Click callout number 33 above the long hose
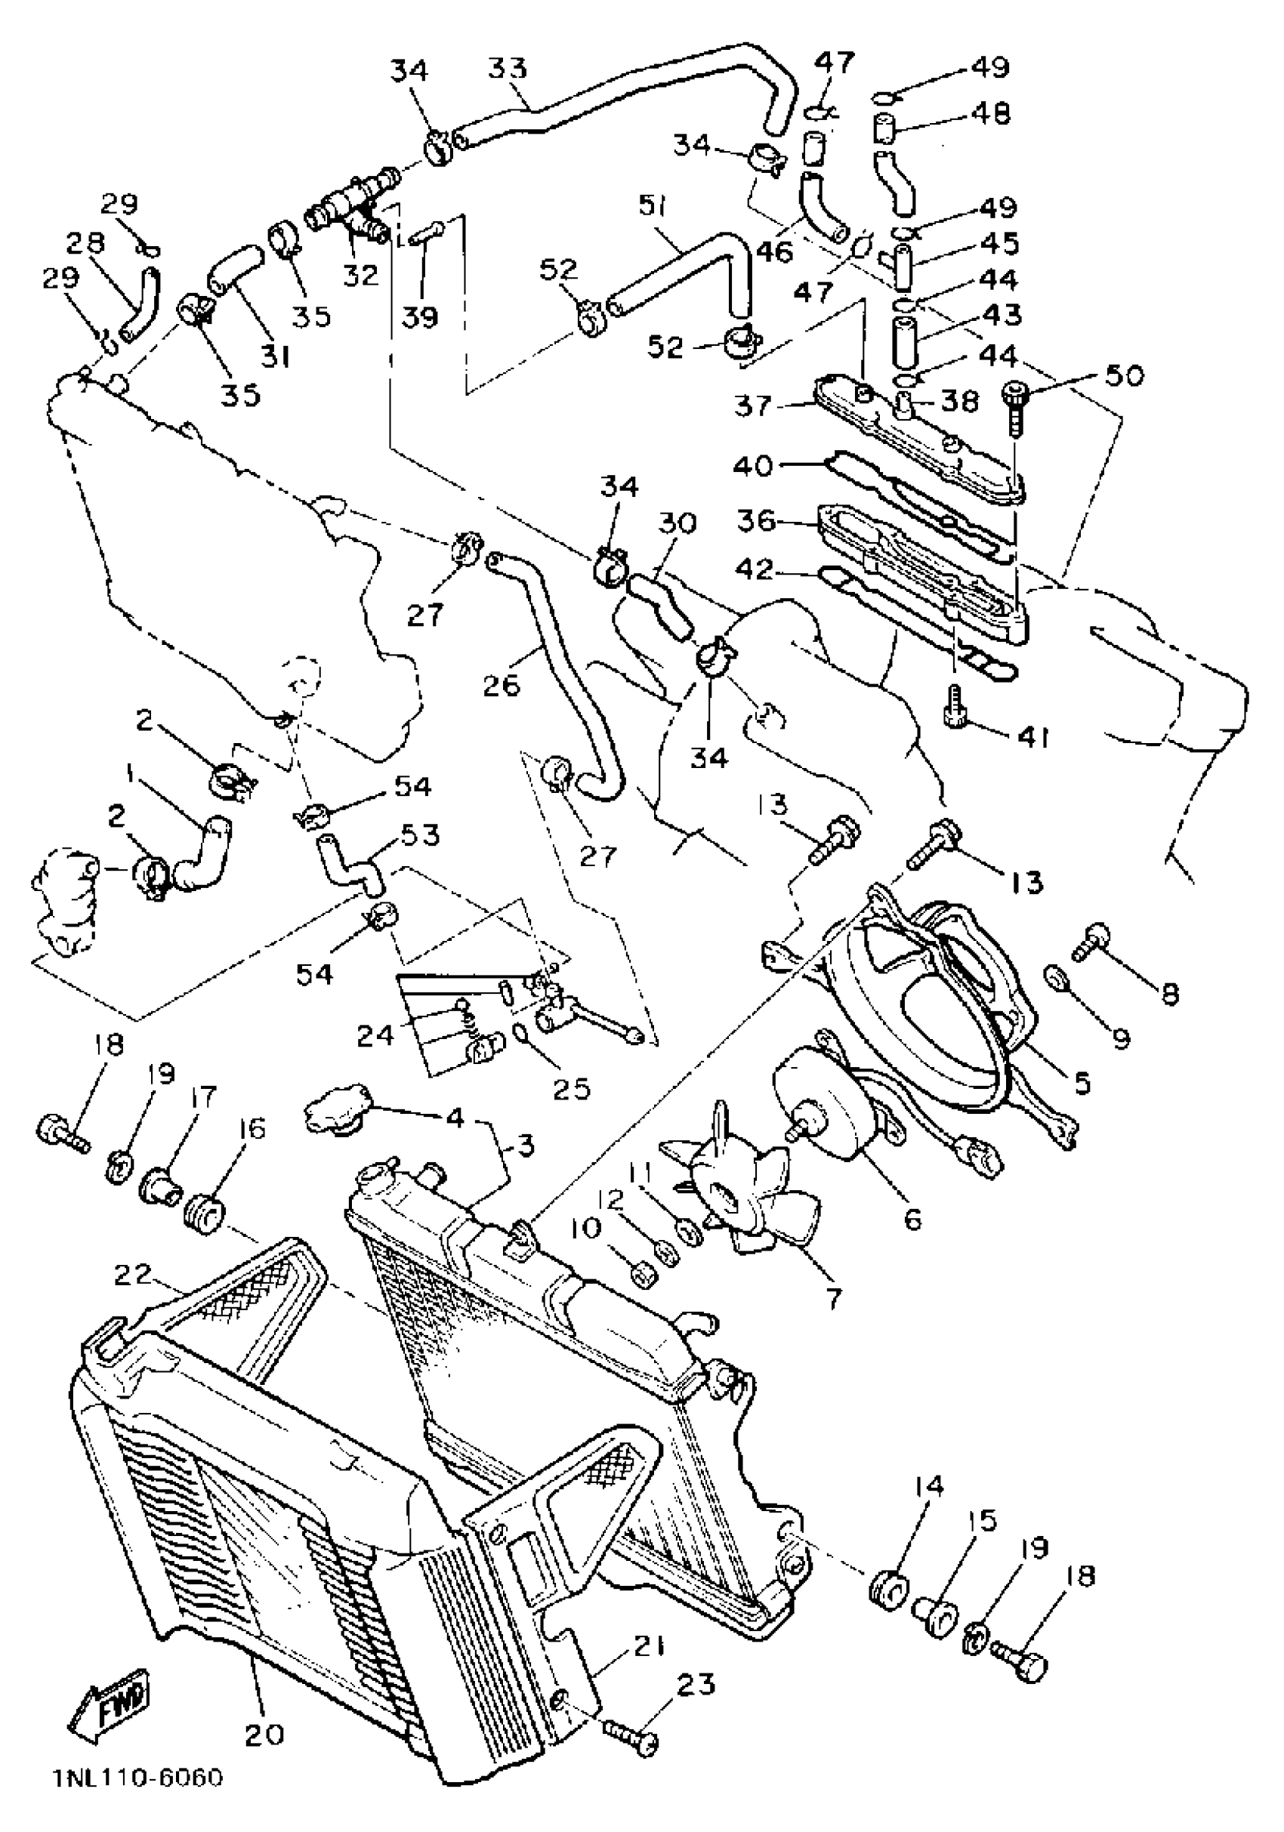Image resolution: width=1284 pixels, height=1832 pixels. coord(508,69)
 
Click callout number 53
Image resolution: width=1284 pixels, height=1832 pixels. coord(420,835)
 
